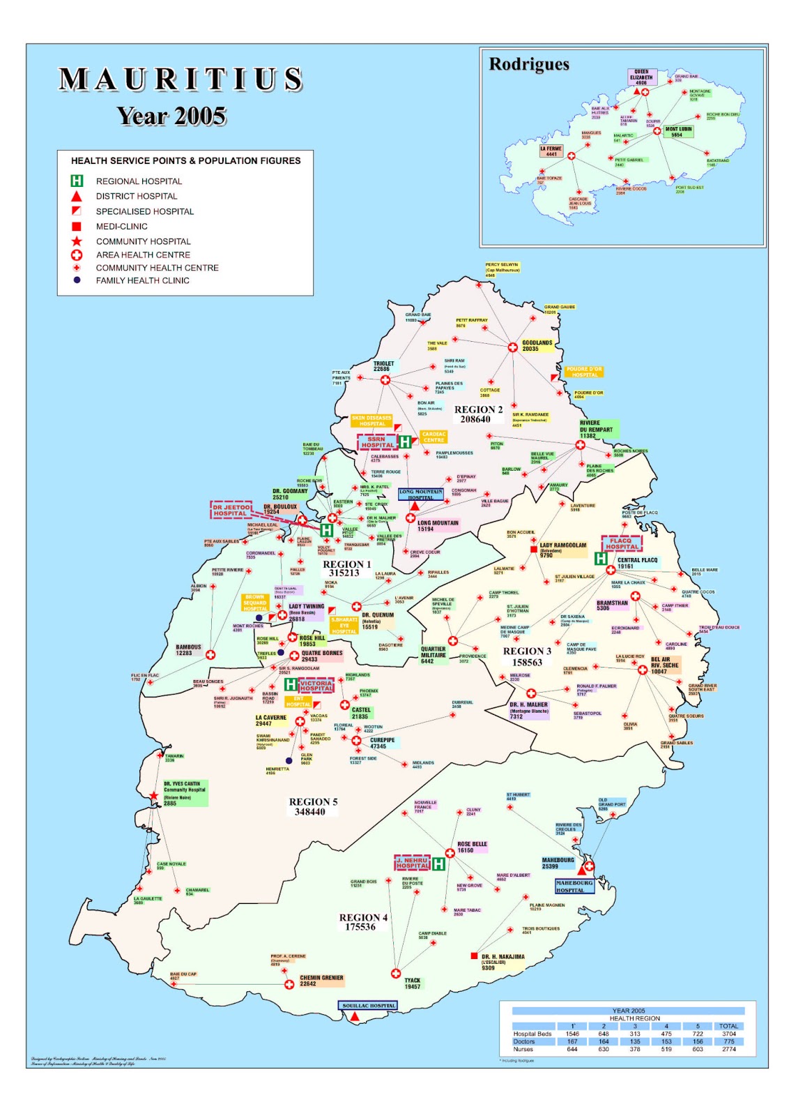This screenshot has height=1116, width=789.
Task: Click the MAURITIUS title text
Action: click(x=181, y=80)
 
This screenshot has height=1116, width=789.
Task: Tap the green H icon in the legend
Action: click(x=77, y=181)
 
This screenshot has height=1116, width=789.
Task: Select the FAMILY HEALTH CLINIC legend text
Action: click(x=142, y=280)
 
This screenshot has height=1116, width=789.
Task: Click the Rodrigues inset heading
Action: click(x=529, y=64)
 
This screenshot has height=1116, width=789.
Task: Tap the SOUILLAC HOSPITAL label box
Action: click(x=369, y=1006)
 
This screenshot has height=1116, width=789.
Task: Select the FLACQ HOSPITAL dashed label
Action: click(x=621, y=543)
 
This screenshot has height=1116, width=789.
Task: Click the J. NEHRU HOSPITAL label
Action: click(x=413, y=863)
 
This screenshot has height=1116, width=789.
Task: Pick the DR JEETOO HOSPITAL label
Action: click(x=231, y=510)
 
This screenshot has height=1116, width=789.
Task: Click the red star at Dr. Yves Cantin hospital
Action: click(x=153, y=796)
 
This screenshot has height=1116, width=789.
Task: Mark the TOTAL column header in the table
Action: click(x=728, y=1026)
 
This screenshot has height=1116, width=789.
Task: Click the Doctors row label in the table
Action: click(x=524, y=1041)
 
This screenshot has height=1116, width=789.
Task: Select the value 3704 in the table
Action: click(x=728, y=1034)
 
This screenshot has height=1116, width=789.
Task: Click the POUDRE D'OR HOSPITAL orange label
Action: click(x=584, y=372)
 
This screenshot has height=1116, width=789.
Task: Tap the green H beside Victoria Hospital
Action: click(x=291, y=685)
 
